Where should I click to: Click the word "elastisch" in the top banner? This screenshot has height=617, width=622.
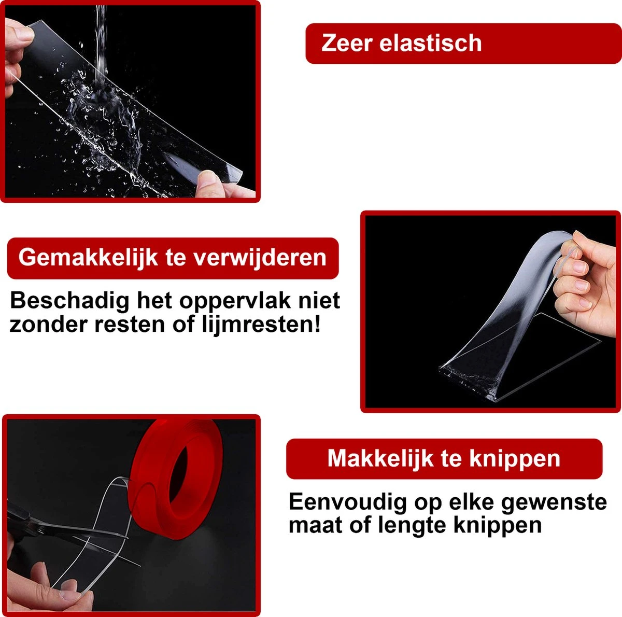click(x=430, y=43)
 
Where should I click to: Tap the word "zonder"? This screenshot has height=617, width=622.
click(x=48, y=325)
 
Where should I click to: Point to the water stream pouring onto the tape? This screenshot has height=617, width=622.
click(x=101, y=48)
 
